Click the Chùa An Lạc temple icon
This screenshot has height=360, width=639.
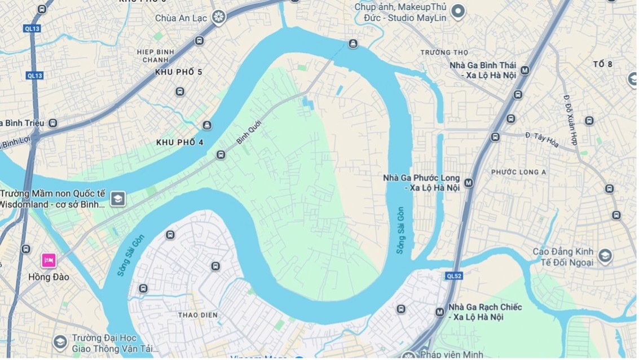pos(218,17)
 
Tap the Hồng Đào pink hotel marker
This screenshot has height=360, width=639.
pos(49,261)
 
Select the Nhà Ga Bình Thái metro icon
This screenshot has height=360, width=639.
pos(525,71)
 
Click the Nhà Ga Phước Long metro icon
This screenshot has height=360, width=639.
pos(469,183)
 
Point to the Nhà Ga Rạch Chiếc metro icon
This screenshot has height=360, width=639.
pos(440,312)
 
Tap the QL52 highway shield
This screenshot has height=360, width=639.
pos(453,276)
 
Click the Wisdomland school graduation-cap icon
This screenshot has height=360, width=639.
pos(117,199)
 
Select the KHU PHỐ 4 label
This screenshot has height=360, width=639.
pos(180,143)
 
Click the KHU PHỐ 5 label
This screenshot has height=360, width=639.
pos(179,72)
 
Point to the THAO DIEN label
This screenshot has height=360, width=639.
pos(197,315)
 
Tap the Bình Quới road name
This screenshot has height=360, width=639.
pos(250,131)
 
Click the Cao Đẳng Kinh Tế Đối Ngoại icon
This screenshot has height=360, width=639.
pos(605,257)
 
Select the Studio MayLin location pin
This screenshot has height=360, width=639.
pos(458,11)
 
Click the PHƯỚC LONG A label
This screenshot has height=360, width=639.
pos(518,172)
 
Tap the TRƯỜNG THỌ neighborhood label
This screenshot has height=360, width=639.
pos(444,52)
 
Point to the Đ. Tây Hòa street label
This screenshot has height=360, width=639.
pos(541,139)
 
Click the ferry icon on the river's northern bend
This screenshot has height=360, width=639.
pos(353,43)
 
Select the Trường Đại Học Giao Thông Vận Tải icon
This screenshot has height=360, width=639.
pos(60,342)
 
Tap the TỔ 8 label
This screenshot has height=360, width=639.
pos(602,64)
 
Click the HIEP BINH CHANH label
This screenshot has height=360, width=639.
pos(152,56)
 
